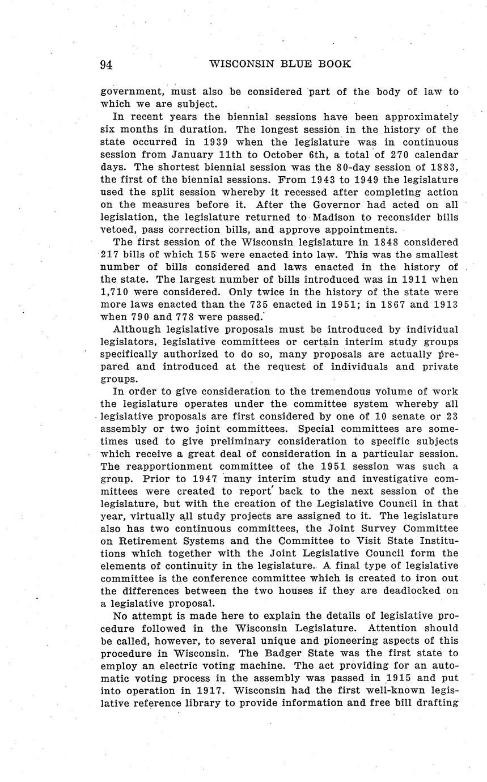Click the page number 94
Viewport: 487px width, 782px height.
(106, 65)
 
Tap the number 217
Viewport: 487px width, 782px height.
(111, 254)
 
